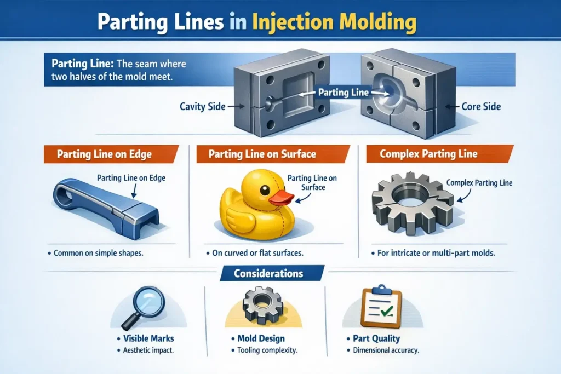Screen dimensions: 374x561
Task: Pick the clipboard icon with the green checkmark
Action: coord(379,308)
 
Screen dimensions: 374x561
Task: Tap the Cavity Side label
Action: coord(202,106)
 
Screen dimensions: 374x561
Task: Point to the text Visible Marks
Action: coord(143,338)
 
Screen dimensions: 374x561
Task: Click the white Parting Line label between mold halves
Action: coord(343,93)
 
